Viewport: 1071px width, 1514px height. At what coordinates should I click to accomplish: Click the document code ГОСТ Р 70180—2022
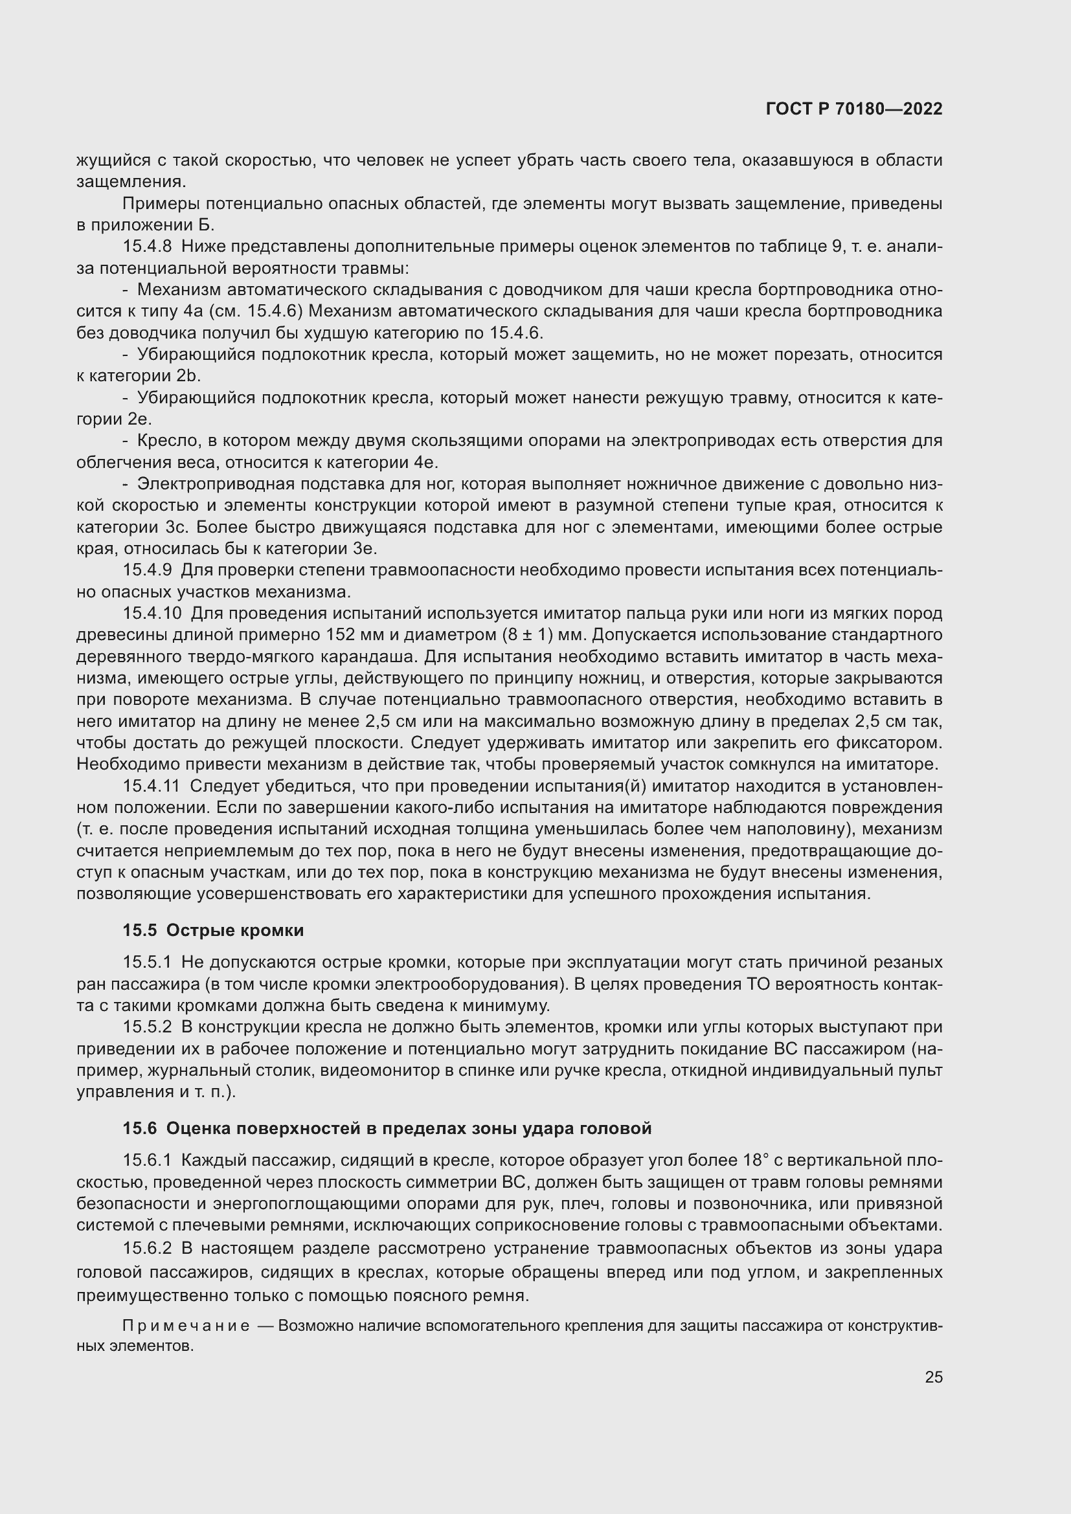(x=854, y=109)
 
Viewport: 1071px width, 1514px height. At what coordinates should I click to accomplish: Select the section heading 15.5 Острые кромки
(x=213, y=930)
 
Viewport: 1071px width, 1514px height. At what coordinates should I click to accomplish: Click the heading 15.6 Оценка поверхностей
(x=387, y=1128)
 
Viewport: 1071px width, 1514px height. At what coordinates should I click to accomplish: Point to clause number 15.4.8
(x=147, y=247)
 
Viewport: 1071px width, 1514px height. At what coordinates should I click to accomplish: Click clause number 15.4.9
(x=147, y=570)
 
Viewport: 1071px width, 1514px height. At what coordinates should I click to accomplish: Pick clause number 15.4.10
(x=152, y=614)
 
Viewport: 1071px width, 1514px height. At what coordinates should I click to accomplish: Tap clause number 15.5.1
(x=147, y=963)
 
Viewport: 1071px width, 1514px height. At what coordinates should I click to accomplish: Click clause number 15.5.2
(x=147, y=1027)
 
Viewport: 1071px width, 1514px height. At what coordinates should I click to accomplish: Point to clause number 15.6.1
(x=147, y=1160)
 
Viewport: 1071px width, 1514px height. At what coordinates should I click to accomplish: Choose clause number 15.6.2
(x=147, y=1248)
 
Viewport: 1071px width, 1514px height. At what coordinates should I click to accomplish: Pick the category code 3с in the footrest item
(x=178, y=528)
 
